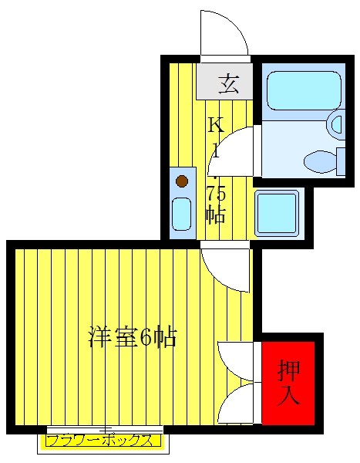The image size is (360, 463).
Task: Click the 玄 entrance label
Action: tap(229, 84)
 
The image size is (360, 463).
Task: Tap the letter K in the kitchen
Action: tap(217, 124)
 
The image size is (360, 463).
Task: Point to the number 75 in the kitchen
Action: tap(217, 194)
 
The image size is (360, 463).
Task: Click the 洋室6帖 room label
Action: tap(133, 336)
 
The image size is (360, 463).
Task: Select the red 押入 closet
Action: tap(288, 384)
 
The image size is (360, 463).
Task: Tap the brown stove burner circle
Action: tap(182, 181)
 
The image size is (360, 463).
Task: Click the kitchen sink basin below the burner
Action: tap(181, 214)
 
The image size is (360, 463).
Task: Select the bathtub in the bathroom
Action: tap(304, 90)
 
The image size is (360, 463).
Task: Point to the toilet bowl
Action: tap(321, 162)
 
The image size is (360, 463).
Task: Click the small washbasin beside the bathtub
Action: tap(336, 124)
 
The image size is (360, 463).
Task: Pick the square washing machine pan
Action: tap(277, 214)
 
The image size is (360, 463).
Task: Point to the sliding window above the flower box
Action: tap(105, 430)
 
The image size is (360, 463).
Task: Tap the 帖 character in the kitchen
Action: tap(216, 215)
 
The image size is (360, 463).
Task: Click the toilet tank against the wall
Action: tap(341, 162)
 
